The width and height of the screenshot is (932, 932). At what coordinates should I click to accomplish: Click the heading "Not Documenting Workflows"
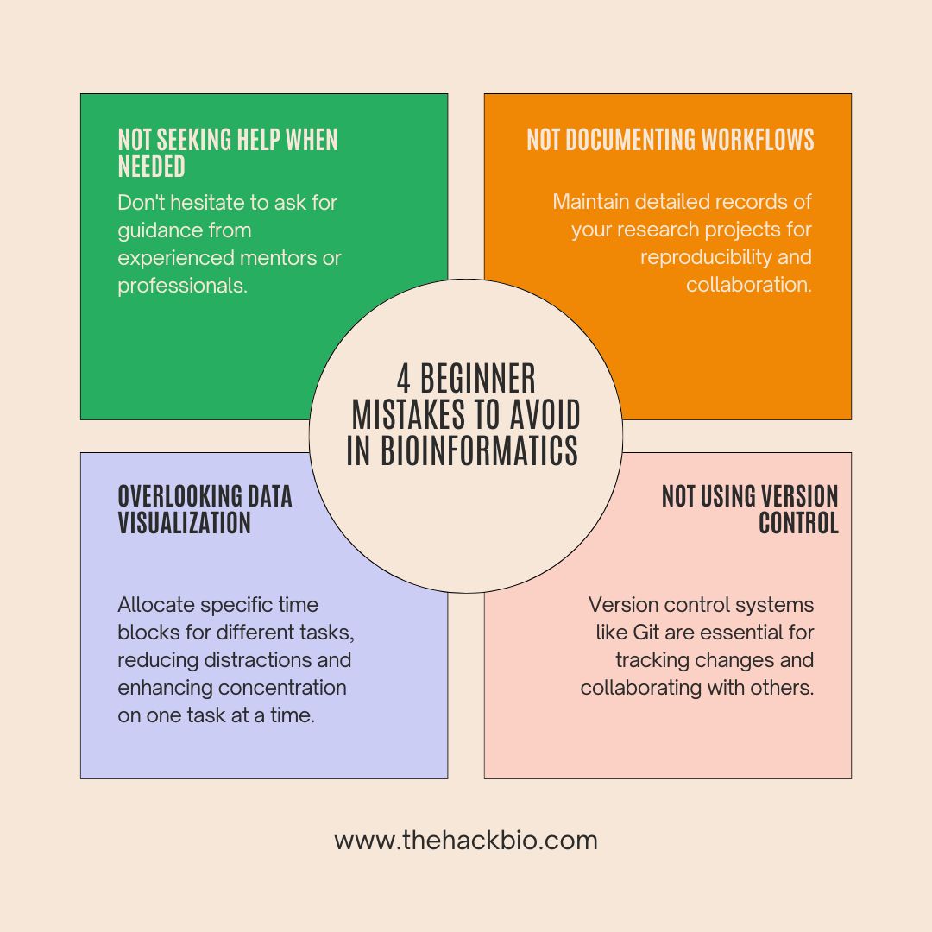[670, 140]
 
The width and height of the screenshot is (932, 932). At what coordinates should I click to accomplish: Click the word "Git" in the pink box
[646, 633]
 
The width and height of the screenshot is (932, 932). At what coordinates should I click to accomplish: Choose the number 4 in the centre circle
[404, 379]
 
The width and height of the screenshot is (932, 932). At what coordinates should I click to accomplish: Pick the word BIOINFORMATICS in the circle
[463, 450]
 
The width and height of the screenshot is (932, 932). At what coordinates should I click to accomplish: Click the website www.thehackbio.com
[465, 841]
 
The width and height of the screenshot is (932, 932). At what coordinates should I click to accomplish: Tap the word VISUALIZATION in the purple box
[184, 522]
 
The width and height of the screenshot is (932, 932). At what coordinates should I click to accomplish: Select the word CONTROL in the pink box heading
[798, 522]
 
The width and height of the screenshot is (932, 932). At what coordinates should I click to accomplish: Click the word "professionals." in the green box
[182, 286]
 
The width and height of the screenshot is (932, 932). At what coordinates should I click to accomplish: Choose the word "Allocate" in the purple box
[154, 605]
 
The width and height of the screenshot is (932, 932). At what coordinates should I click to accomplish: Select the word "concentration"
[282, 688]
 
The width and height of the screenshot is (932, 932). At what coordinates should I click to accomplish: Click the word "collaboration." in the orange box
[748, 285]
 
